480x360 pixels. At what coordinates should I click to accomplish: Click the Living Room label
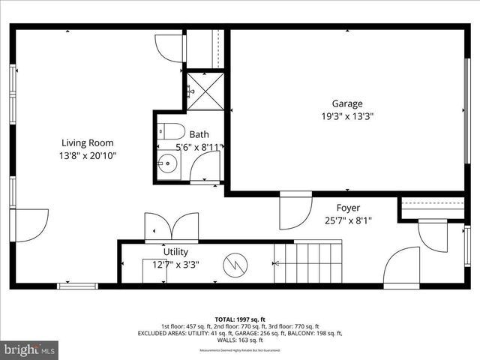pos(88,142)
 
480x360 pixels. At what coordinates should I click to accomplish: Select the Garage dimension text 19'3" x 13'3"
pos(347,117)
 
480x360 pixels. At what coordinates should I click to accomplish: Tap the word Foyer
pos(348,208)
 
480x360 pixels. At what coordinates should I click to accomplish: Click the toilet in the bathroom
pos(171,131)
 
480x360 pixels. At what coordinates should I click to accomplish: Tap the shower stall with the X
pos(204,90)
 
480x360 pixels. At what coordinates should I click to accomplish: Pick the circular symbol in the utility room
pos(235,263)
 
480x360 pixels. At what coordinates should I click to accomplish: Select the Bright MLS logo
pos(30,349)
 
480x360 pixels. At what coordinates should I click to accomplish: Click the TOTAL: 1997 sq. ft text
pos(240,318)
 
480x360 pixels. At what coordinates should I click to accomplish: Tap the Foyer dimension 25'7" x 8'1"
pos(348,220)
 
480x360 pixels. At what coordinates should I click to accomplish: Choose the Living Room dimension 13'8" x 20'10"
pos(88,155)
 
